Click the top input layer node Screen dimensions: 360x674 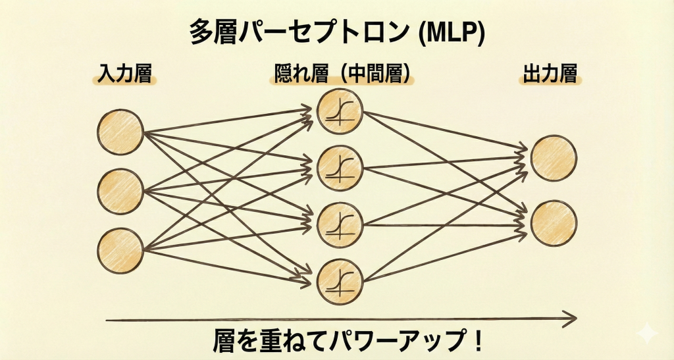tap(120, 132)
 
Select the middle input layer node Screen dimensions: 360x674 tap(120, 192)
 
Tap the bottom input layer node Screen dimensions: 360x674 tap(120, 250)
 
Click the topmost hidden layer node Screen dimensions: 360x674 tap(340, 111)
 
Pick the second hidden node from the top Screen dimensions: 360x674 tap(340, 168)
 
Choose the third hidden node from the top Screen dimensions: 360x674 tap(340, 224)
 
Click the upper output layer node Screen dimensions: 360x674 tap(554, 159)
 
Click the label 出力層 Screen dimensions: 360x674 tap(550, 74)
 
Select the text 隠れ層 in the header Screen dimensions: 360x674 tap(299, 74)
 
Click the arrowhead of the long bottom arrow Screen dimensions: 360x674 tap(570, 320)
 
